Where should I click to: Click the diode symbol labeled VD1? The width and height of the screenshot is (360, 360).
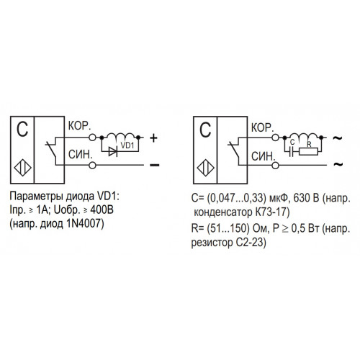point(113,151)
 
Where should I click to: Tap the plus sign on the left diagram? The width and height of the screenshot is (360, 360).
point(153,138)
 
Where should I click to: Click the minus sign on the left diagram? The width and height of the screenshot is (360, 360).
point(155,165)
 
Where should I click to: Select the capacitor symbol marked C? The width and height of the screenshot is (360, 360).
point(292,152)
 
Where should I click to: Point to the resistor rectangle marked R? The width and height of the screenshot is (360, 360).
point(309,152)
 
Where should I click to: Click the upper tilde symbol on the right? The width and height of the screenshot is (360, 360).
point(338,138)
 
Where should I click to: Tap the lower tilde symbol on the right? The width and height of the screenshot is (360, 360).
point(338,164)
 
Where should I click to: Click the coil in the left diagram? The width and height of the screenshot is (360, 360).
point(120,135)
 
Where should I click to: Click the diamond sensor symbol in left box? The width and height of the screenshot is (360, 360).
point(22,168)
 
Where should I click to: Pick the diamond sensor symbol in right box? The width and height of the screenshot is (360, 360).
point(205,168)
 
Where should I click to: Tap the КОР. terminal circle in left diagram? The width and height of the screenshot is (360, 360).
point(92,138)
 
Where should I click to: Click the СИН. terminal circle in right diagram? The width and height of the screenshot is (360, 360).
point(276,166)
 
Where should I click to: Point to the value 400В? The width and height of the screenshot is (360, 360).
point(102,210)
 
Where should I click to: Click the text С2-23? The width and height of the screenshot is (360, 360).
point(251,243)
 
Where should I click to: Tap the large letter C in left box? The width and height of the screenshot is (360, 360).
point(22,130)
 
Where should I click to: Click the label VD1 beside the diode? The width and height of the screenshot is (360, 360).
point(127,145)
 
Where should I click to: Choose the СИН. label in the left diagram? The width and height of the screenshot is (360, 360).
point(81,154)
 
